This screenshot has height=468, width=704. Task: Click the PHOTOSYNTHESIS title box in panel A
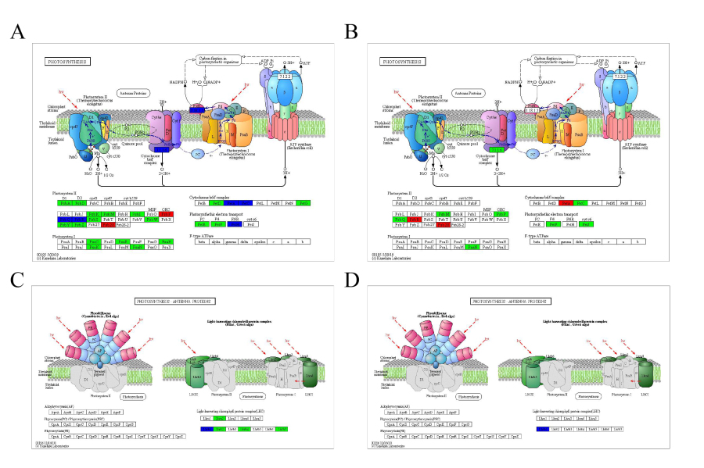click(67, 61)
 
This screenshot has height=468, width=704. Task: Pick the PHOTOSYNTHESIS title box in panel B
click(402, 61)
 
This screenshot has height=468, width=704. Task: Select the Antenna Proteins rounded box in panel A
click(134, 92)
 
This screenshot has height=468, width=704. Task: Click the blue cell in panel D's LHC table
click(541, 429)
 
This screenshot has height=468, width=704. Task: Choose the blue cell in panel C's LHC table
click(206, 429)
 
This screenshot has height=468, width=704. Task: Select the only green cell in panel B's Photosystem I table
click(471, 247)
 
